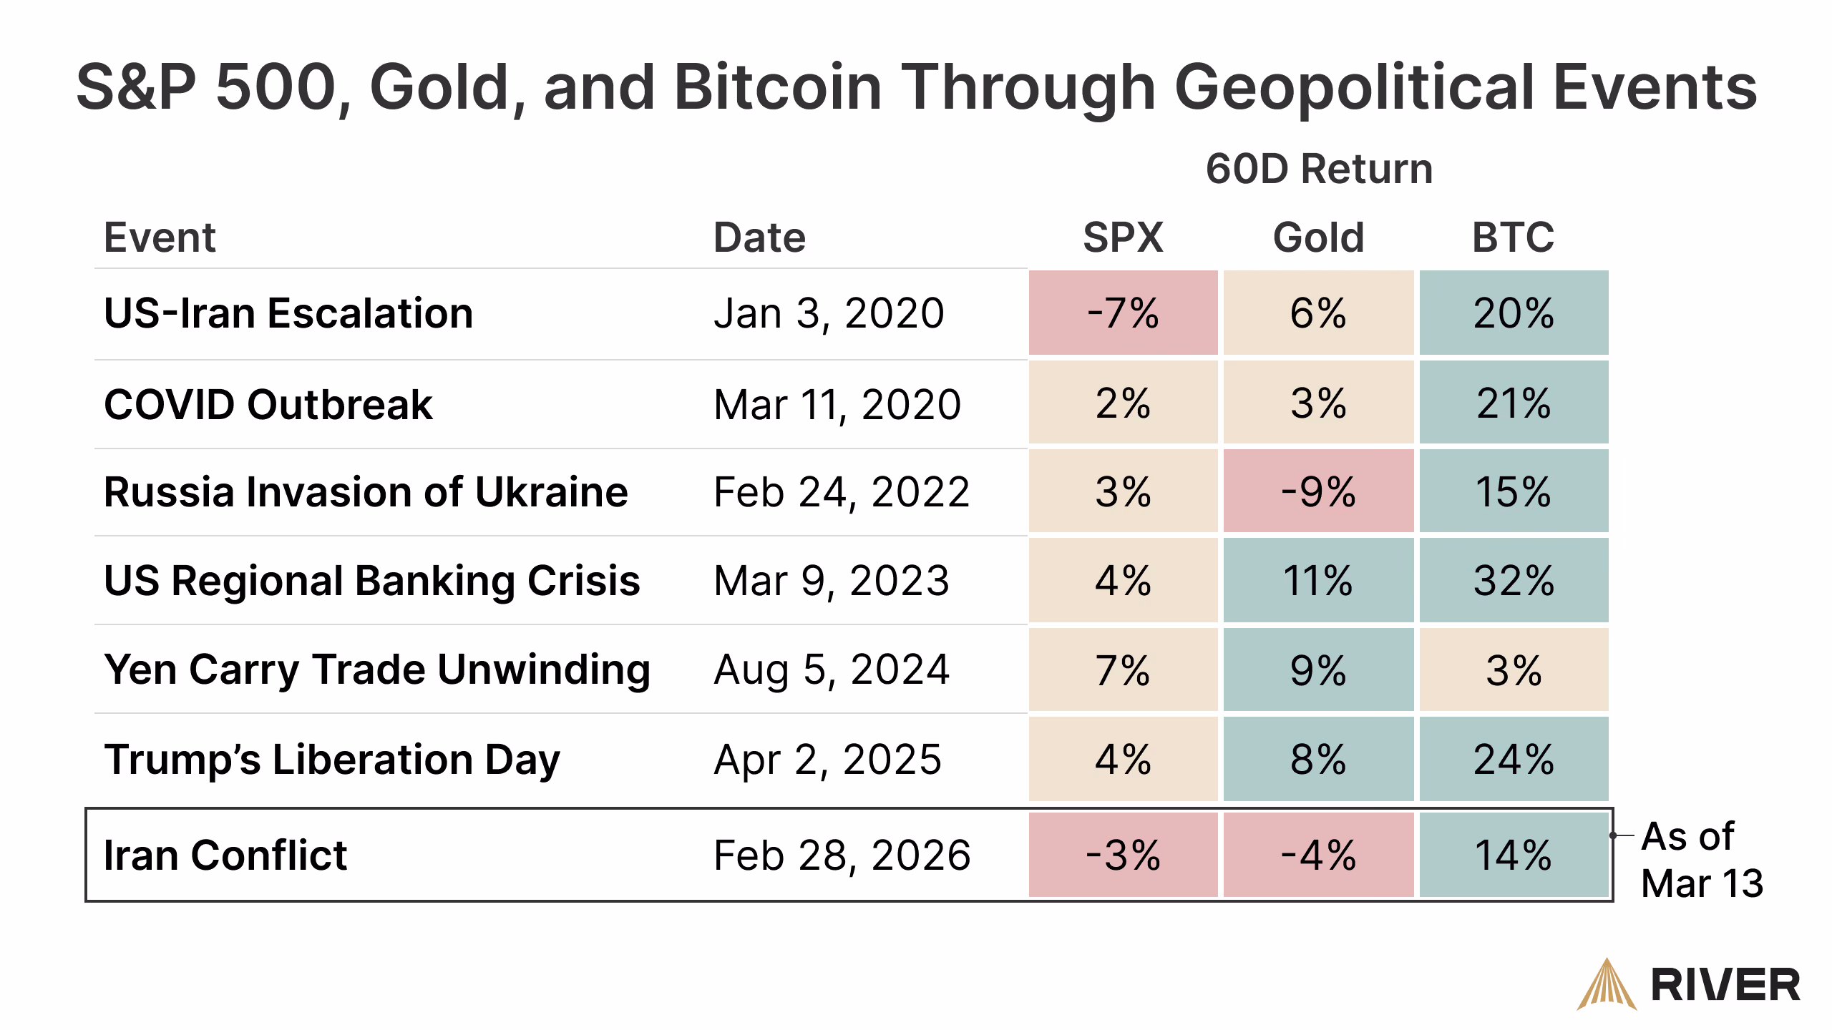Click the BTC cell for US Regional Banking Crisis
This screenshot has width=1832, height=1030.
(1514, 580)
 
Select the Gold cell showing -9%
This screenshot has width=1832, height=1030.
(1318, 491)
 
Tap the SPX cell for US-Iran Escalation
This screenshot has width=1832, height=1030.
(1123, 313)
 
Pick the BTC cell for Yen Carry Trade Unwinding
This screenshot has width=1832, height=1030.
(1514, 669)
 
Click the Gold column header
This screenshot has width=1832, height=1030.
(1318, 237)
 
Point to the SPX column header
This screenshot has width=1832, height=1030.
(1123, 237)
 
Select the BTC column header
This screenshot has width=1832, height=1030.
(1513, 237)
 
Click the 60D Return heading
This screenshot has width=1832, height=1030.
(1319, 170)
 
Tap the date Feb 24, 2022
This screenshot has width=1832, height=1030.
(842, 492)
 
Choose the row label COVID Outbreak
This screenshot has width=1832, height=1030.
(268, 405)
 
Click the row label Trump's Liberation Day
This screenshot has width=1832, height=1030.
(332, 759)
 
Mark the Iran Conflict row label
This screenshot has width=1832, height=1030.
(225, 855)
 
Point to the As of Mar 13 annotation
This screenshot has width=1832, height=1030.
(1701, 859)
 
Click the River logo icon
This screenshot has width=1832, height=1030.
(1607, 985)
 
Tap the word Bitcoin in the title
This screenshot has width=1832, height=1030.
(777, 87)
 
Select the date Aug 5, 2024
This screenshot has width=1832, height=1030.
(832, 669)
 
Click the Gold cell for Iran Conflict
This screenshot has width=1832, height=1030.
(1318, 855)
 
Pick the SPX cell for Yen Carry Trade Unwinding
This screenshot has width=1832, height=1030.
(1123, 669)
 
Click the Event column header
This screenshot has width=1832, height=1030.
(160, 237)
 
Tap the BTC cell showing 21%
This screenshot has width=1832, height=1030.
(1514, 403)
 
